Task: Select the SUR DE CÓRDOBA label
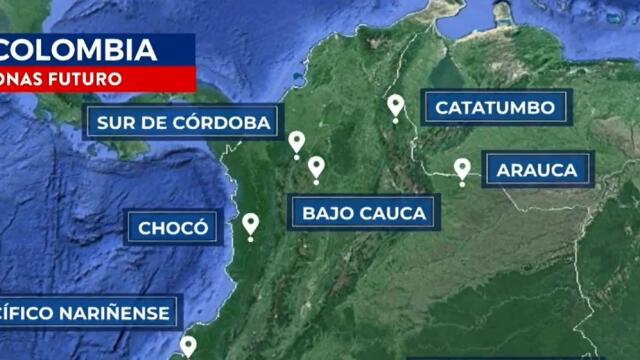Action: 183,123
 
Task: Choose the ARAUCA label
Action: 537,170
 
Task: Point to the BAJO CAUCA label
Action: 364,212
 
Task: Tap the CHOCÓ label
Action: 173,228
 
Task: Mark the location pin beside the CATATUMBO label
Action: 396,106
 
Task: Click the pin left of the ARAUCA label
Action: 462,170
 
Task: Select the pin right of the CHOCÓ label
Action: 250,226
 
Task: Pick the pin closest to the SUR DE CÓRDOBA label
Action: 296,144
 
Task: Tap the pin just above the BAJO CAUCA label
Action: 316,168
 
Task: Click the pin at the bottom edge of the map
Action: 187,347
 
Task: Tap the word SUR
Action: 112,123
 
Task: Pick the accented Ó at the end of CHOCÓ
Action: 201,227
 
